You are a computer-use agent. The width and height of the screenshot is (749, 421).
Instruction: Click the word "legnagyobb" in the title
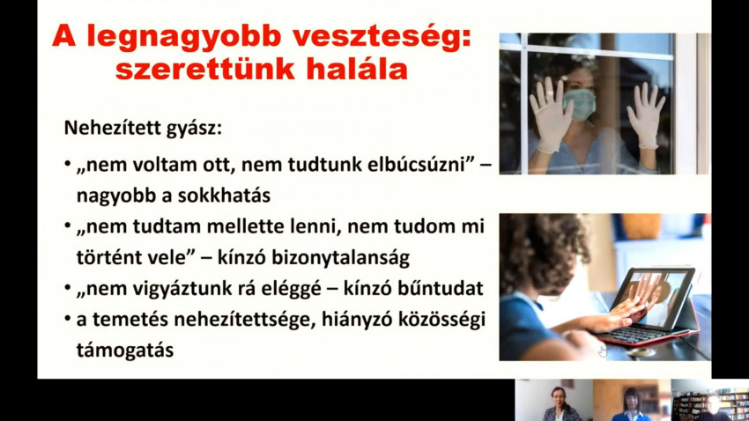coord(183,37)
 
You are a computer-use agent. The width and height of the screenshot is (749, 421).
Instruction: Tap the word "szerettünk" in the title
coord(205,70)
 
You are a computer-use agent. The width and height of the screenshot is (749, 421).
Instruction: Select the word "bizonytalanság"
coord(341,258)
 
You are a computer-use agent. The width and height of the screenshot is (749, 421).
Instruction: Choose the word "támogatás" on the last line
coord(124,351)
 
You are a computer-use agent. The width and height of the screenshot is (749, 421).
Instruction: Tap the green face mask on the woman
coord(580,104)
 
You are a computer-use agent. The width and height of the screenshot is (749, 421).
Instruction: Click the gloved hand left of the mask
coord(550,114)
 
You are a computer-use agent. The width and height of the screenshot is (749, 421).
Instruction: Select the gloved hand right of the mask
coord(646,114)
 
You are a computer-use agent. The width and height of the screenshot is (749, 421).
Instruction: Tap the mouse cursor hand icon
coord(603,351)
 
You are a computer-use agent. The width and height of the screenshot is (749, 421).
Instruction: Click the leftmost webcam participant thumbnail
coord(554,400)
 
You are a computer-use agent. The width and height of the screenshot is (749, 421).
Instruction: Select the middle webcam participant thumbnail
coord(632,400)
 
